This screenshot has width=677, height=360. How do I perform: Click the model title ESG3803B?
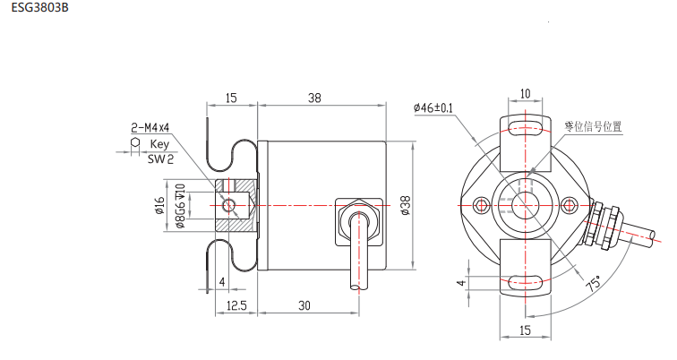pos(39,7)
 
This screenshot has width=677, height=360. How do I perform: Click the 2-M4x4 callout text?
pos(150,128)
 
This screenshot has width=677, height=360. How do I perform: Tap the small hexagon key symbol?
pos(135,142)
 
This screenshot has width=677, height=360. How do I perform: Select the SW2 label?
pos(160,159)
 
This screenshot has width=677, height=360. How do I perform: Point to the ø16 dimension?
pos(159,205)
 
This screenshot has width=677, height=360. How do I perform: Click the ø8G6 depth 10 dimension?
pos(180,206)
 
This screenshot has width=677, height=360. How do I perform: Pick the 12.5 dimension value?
pos(236,305)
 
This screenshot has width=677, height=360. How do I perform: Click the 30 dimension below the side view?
pos(304,305)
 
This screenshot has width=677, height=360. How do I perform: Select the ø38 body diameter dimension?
pos(406,205)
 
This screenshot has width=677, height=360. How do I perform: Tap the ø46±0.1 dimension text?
pos(433,107)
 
